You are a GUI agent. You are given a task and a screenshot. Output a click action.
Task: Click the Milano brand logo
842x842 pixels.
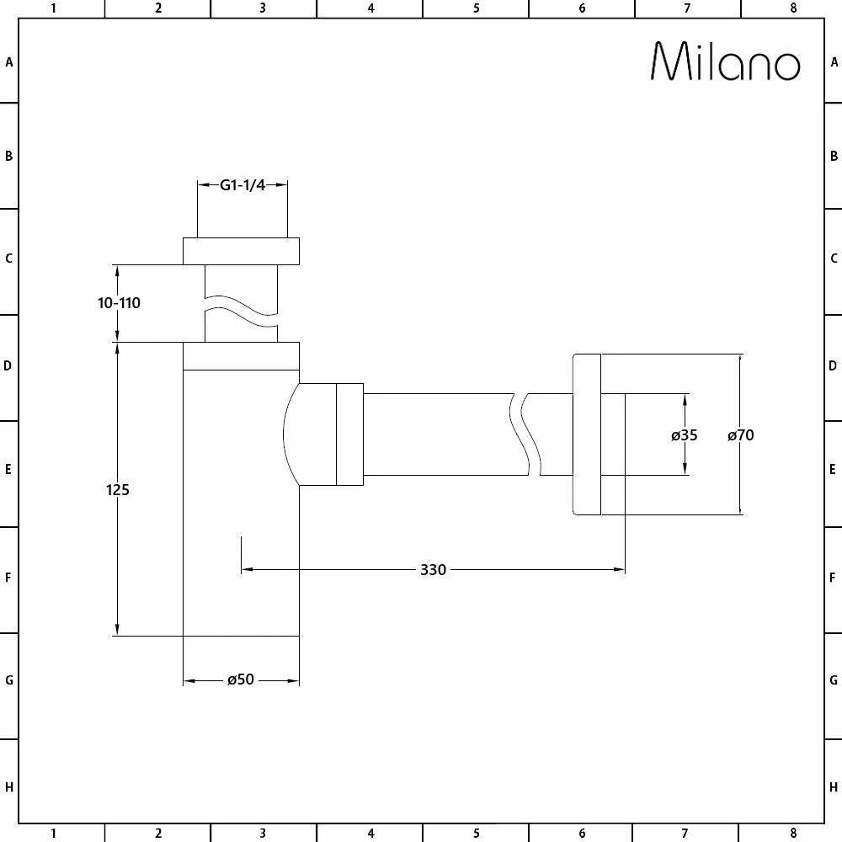click(725, 61)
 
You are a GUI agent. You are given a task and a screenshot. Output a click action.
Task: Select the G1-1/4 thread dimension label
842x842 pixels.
click(242, 185)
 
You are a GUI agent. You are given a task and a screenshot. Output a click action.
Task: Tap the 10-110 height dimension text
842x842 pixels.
click(119, 303)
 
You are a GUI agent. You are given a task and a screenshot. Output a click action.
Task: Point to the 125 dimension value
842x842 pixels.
click(118, 489)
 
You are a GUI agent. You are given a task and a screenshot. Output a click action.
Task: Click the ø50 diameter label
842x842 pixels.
click(241, 680)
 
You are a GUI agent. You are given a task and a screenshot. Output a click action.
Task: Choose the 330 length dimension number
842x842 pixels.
click(433, 570)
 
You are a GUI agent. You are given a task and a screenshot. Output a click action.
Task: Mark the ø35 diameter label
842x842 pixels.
click(685, 435)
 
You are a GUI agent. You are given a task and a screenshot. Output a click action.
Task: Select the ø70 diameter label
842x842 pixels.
click(741, 435)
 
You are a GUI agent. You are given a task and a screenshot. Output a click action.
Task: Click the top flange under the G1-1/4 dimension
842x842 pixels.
click(241, 251)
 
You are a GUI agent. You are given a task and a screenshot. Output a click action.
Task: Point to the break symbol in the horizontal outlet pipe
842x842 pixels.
click(525, 434)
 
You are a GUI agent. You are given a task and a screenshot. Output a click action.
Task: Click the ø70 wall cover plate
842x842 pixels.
click(587, 434)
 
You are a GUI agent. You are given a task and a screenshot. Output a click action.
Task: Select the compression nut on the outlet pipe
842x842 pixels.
click(349, 434)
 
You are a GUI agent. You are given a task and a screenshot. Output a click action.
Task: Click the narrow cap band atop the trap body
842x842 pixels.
click(241, 356)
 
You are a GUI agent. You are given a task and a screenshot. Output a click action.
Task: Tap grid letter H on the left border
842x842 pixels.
click(9, 788)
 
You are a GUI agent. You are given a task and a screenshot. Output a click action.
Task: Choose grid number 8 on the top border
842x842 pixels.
click(793, 8)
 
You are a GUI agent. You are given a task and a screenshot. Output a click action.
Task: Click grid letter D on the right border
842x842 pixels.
click(834, 366)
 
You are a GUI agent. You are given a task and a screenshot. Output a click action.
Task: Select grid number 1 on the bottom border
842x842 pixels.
click(53, 834)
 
